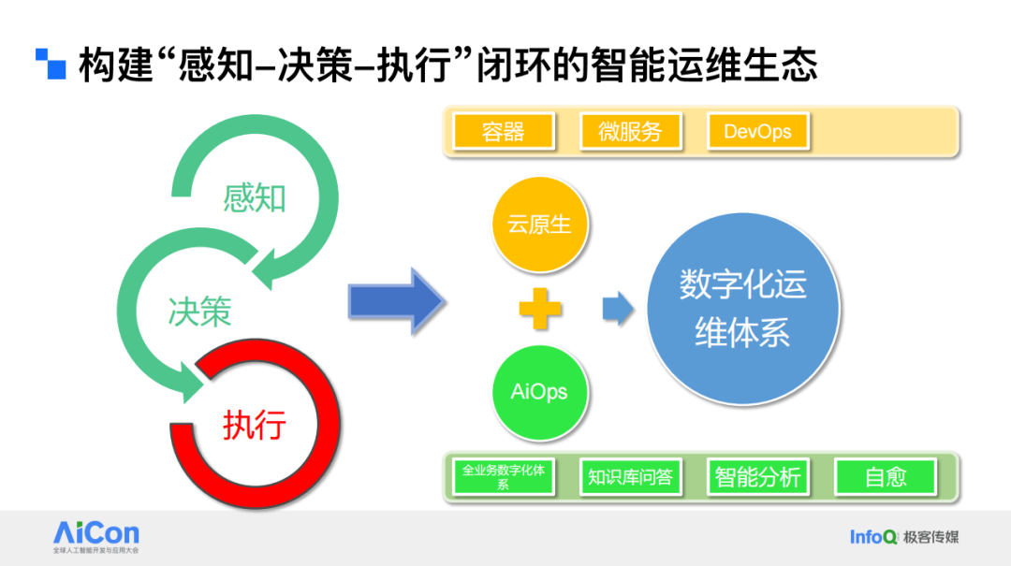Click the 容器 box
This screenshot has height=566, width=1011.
[x=504, y=132]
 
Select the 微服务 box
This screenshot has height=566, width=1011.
[x=629, y=132]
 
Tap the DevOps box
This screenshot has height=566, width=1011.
[x=757, y=132]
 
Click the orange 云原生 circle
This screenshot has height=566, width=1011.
[x=539, y=225]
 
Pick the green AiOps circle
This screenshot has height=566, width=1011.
[x=539, y=391]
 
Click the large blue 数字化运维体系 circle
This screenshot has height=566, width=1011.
[x=742, y=309]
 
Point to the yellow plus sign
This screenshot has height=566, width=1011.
[x=540, y=309]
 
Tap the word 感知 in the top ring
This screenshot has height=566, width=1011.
[x=255, y=198]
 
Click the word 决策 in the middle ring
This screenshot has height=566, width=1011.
[x=199, y=312]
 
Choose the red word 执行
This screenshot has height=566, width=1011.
[x=254, y=426]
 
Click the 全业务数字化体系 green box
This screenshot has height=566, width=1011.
[x=504, y=477]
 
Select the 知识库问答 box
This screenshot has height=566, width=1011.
[x=630, y=477]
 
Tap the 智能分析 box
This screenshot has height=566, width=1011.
[x=757, y=477]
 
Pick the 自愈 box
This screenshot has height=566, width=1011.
[x=885, y=477]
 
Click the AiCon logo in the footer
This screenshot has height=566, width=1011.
[x=96, y=534]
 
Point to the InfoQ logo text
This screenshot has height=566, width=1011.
[x=873, y=537]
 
